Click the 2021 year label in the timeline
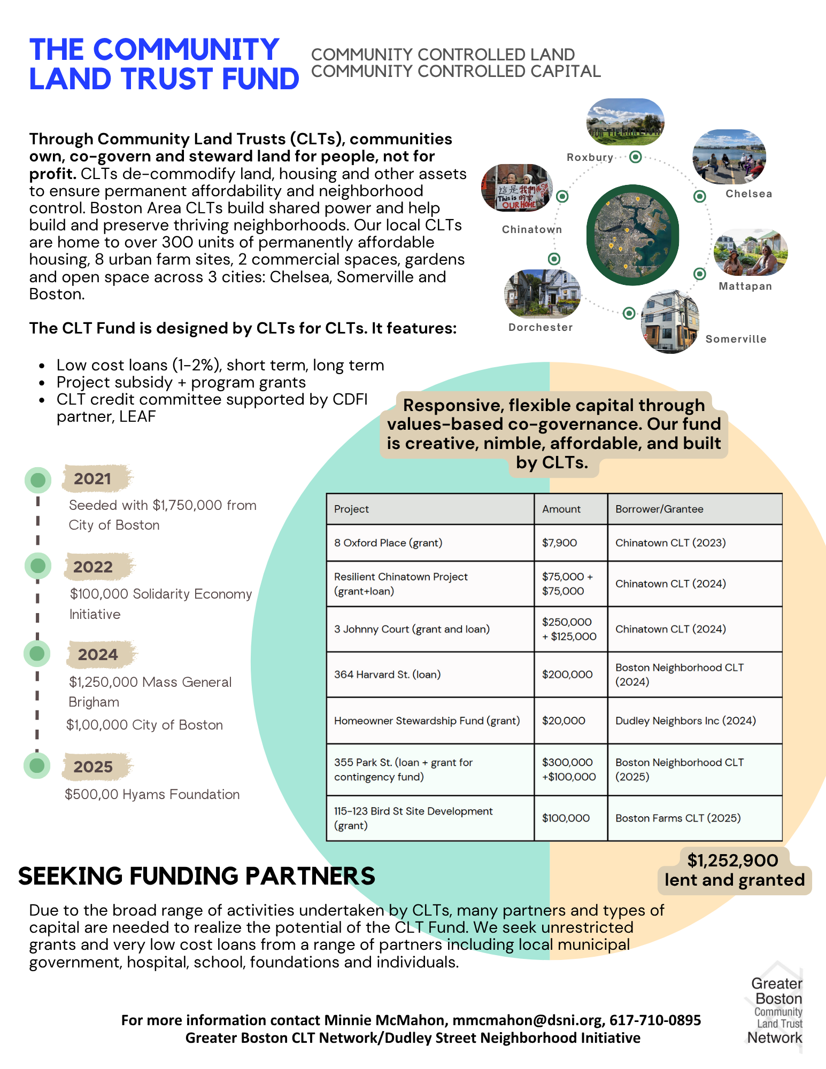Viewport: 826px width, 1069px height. click(92, 479)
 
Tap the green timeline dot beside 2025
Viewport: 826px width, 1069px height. click(37, 765)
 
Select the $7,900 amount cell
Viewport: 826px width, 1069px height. click(559, 543)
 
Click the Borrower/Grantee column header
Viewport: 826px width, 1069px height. click(659, 509)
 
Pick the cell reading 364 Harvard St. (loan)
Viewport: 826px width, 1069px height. click(387, 675)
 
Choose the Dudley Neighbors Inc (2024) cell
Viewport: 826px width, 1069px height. click(685, 721)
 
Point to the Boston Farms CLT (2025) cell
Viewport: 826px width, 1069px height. click(678, 818)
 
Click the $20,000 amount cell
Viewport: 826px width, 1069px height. click(563, 721)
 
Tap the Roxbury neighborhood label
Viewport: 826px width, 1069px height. click(590, 157)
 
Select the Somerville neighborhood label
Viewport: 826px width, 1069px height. click(736, 339)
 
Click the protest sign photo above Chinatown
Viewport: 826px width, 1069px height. click(516, 188)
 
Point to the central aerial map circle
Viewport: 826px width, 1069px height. click(632, 235)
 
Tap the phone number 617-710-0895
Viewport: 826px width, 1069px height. click(655, 1020)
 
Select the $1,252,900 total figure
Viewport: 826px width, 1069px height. click(732, 861)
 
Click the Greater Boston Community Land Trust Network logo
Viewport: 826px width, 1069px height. click(776, 1011)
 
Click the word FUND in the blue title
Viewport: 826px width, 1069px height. click(260, 79)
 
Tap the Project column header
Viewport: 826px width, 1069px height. click(351, 509)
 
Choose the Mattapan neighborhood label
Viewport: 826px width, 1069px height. click(745, 286)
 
